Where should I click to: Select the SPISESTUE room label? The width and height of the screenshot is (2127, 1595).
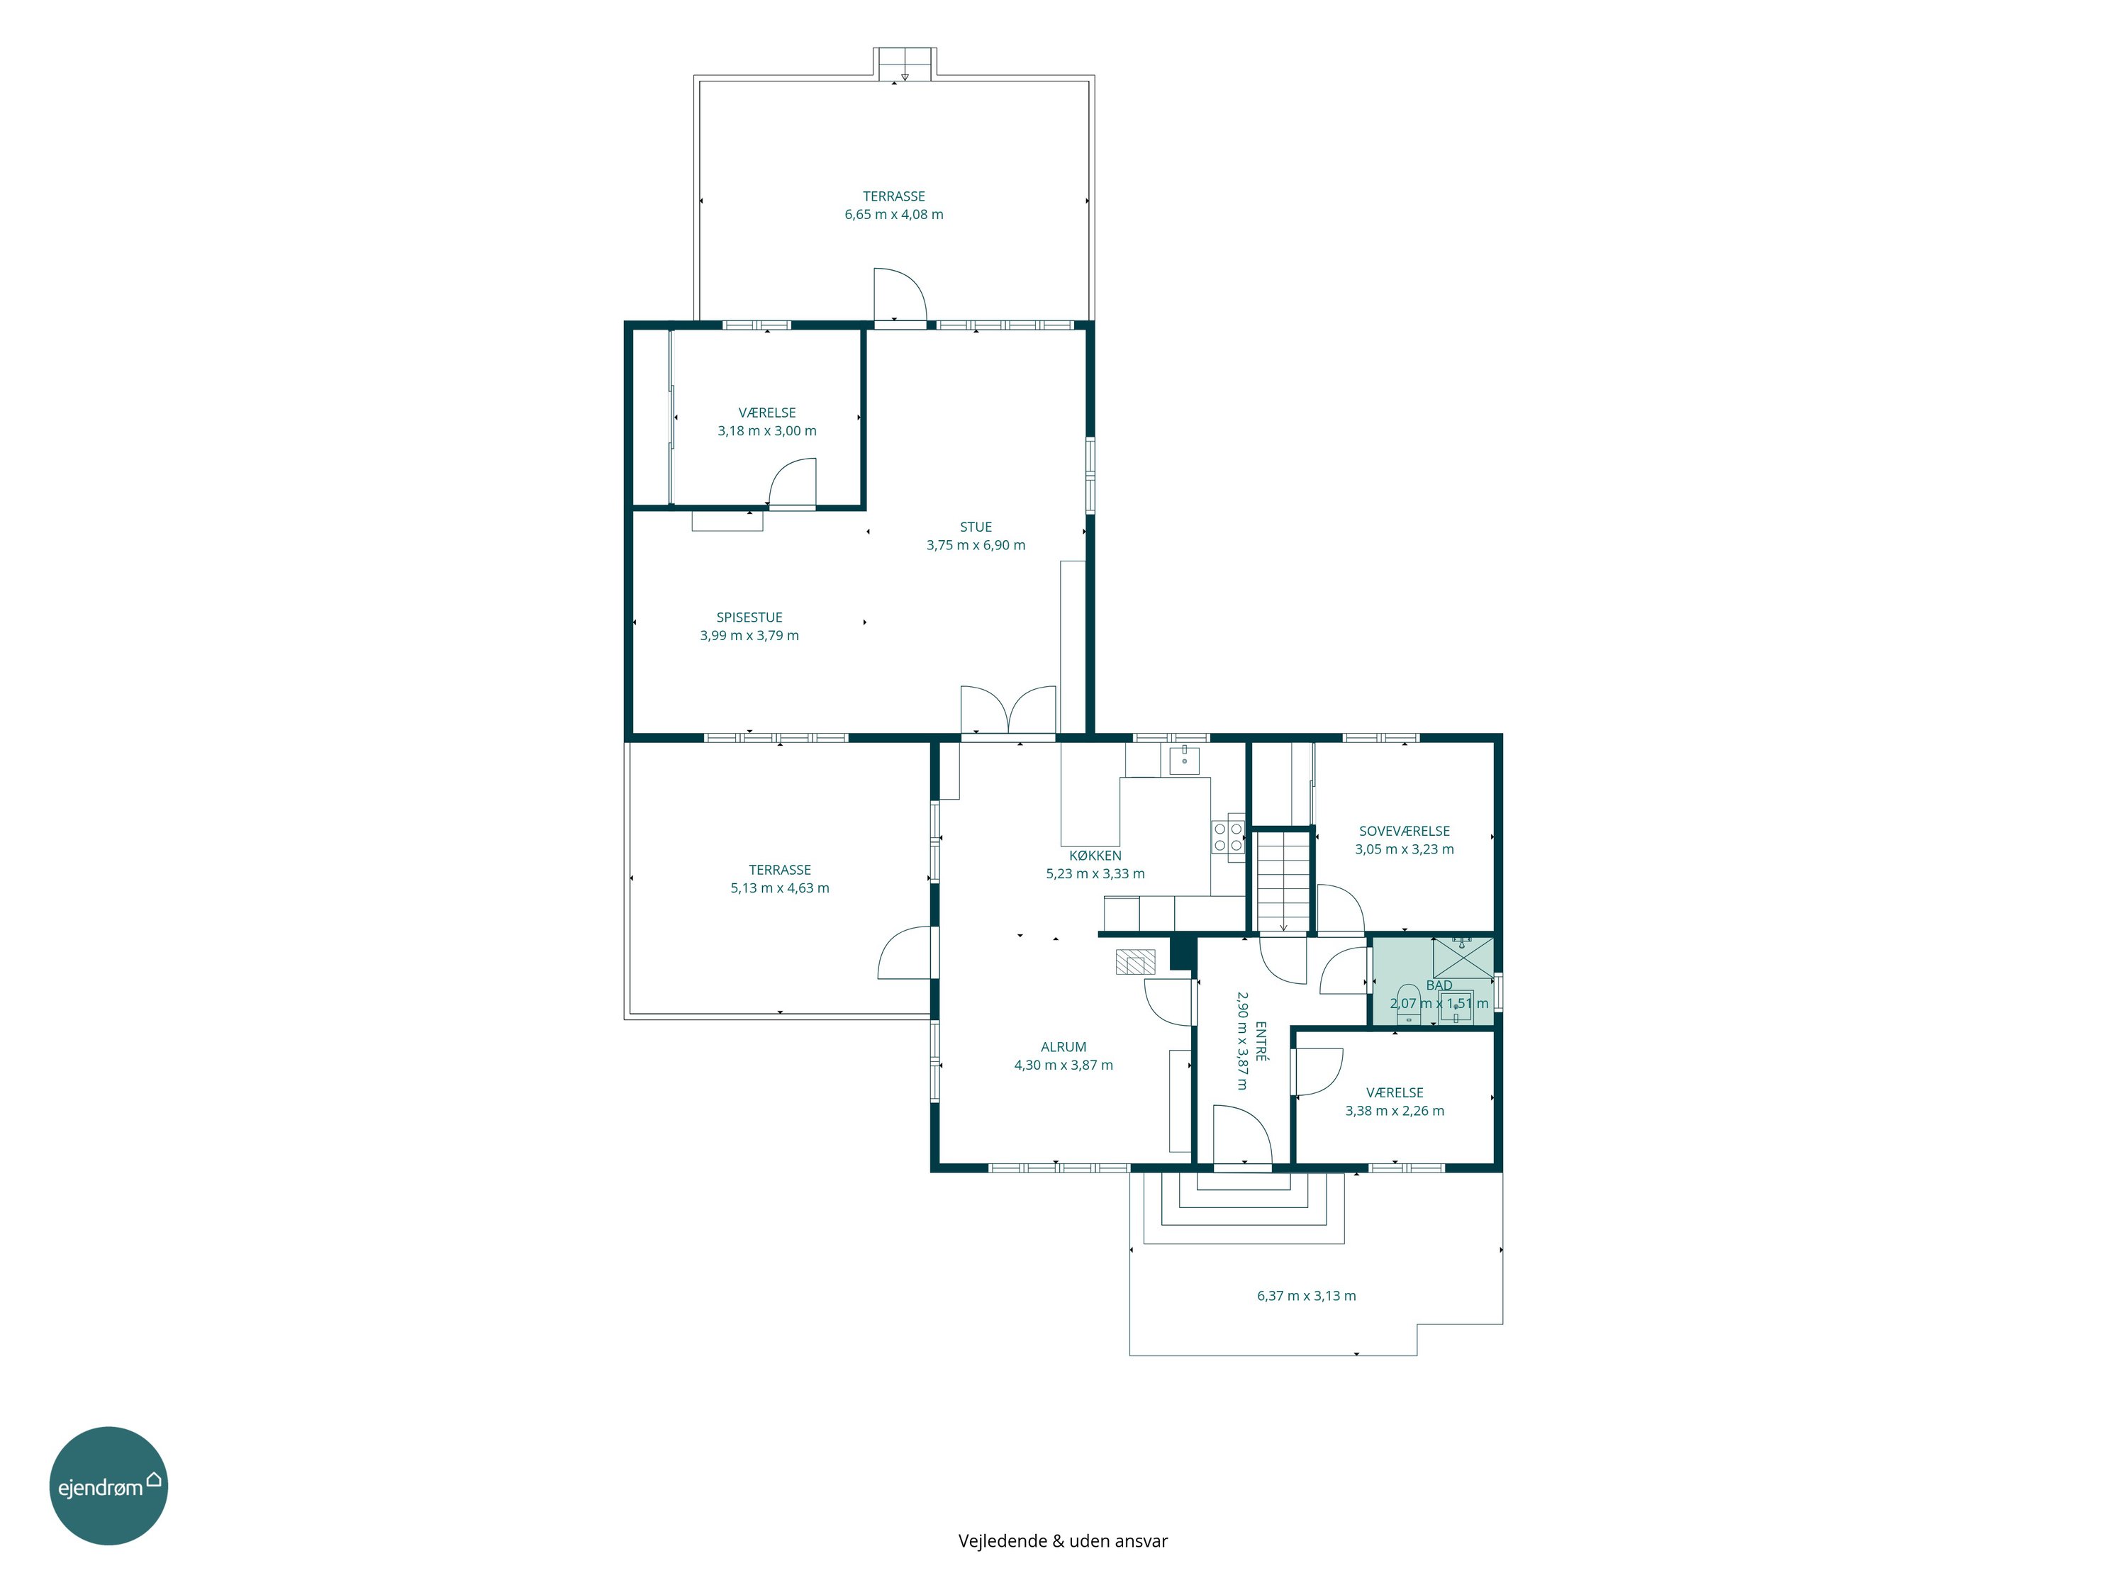749,617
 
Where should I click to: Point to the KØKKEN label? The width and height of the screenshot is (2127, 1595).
1095,855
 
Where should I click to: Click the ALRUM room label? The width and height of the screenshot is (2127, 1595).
1063,1047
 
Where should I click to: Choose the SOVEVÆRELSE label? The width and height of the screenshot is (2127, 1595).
1404,831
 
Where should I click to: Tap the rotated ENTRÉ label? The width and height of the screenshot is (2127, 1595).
1261,1041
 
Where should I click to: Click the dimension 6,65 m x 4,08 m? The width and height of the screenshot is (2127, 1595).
894,214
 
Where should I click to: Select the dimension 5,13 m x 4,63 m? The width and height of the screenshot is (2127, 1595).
780,888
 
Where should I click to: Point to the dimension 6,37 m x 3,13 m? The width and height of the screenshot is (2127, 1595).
1307,1296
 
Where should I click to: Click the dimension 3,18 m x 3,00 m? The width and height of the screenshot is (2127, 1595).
767,431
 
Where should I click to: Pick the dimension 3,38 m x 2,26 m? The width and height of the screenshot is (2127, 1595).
1395,1110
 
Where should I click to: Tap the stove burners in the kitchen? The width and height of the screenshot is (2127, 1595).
1228,836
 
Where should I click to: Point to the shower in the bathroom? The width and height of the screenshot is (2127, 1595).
1463,958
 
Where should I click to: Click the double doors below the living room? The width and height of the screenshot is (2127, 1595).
1007,712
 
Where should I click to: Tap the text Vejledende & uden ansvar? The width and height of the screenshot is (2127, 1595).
1063,1541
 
